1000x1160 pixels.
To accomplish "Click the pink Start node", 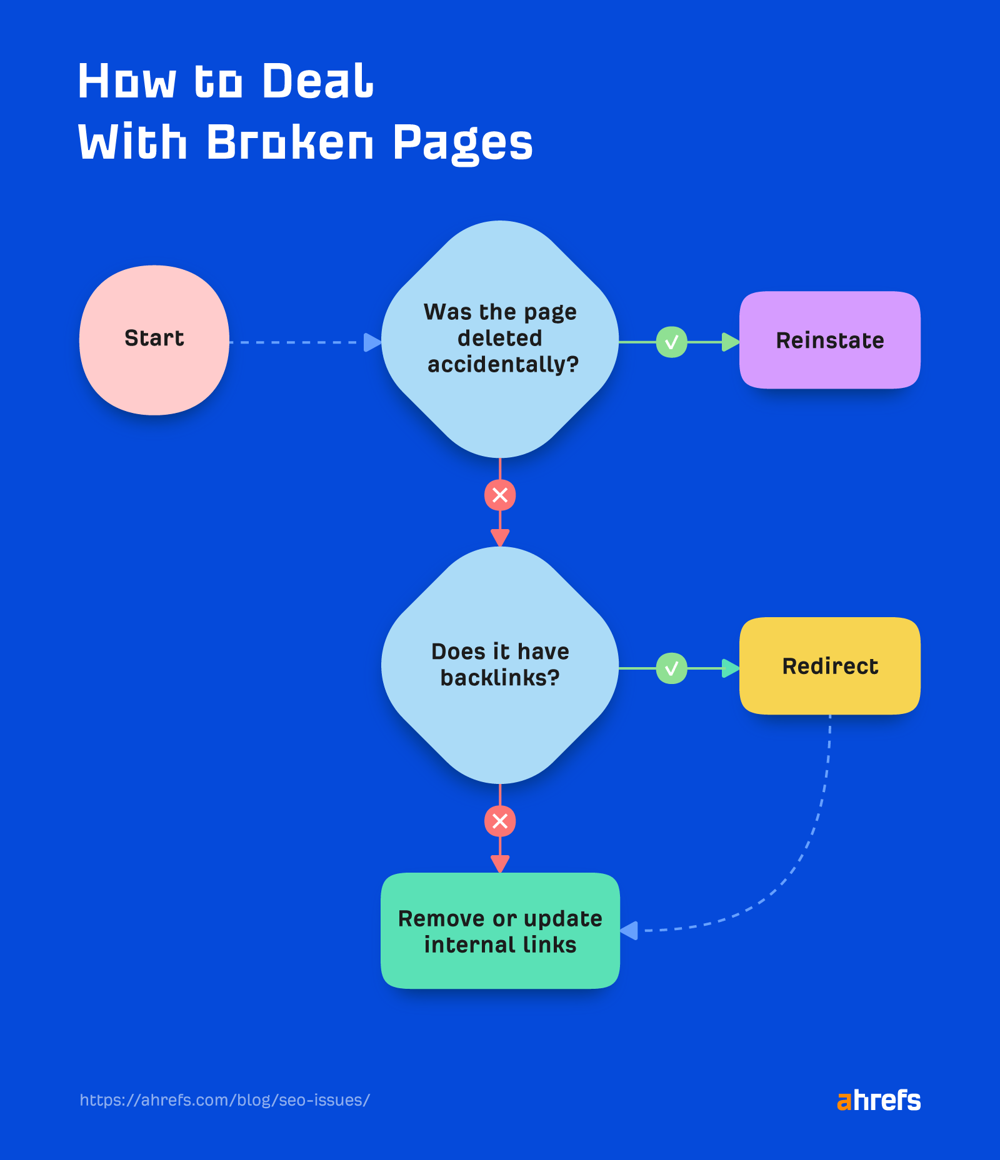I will coord(154,340).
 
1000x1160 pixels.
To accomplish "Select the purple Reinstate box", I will coord(829,340).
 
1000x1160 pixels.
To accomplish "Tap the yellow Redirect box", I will coord(829,666).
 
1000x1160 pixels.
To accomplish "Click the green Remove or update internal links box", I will coord(500,931).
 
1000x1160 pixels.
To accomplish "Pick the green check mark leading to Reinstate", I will coord(671,342).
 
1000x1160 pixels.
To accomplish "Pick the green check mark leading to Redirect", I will coord(671,668).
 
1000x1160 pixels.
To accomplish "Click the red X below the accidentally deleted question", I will coord(500,495).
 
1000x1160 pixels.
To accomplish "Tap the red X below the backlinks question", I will coord(500,821).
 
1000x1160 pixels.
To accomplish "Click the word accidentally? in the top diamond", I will coord(503,364).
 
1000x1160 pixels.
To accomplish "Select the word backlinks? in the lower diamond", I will coord(500,678).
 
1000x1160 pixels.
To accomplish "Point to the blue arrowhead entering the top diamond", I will coord(372,342).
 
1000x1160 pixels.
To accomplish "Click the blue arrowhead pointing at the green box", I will coord(629,931).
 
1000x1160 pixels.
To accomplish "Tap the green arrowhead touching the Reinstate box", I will coord(730,342).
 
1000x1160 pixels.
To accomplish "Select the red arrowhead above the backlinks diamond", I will coord(500,537).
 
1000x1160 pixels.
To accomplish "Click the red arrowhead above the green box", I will coord(500,863).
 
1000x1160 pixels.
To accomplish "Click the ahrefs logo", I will coord(878,1101).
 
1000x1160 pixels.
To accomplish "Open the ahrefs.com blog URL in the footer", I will coord(225,1100).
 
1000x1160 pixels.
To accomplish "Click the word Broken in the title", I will coord(289,142).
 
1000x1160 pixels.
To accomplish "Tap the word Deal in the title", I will coord(317,81).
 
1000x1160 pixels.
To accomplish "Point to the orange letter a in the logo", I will coord(844,1101).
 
